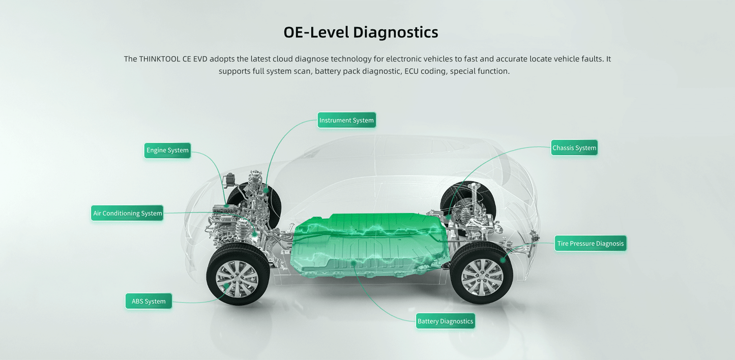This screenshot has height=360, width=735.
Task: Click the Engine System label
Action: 167,151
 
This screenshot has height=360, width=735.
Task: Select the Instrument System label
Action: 346,121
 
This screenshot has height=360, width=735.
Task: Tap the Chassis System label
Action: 574,148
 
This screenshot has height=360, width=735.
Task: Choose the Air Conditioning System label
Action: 127,213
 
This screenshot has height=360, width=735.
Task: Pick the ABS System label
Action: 149,301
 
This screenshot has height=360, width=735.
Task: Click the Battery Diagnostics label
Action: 445,321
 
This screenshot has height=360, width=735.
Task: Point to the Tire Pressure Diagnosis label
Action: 591,243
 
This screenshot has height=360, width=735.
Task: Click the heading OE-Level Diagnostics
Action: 361,32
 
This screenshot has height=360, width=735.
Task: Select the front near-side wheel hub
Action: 237,279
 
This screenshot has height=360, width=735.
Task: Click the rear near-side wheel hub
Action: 482,278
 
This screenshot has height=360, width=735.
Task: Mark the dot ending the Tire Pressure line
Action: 503,260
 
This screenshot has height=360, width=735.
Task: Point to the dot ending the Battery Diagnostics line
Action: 354,262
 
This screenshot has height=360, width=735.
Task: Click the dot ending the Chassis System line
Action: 449,217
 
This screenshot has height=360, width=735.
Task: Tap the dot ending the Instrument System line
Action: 266,190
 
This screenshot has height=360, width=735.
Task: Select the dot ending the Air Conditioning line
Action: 254,234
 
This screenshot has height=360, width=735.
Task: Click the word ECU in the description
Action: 411,71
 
